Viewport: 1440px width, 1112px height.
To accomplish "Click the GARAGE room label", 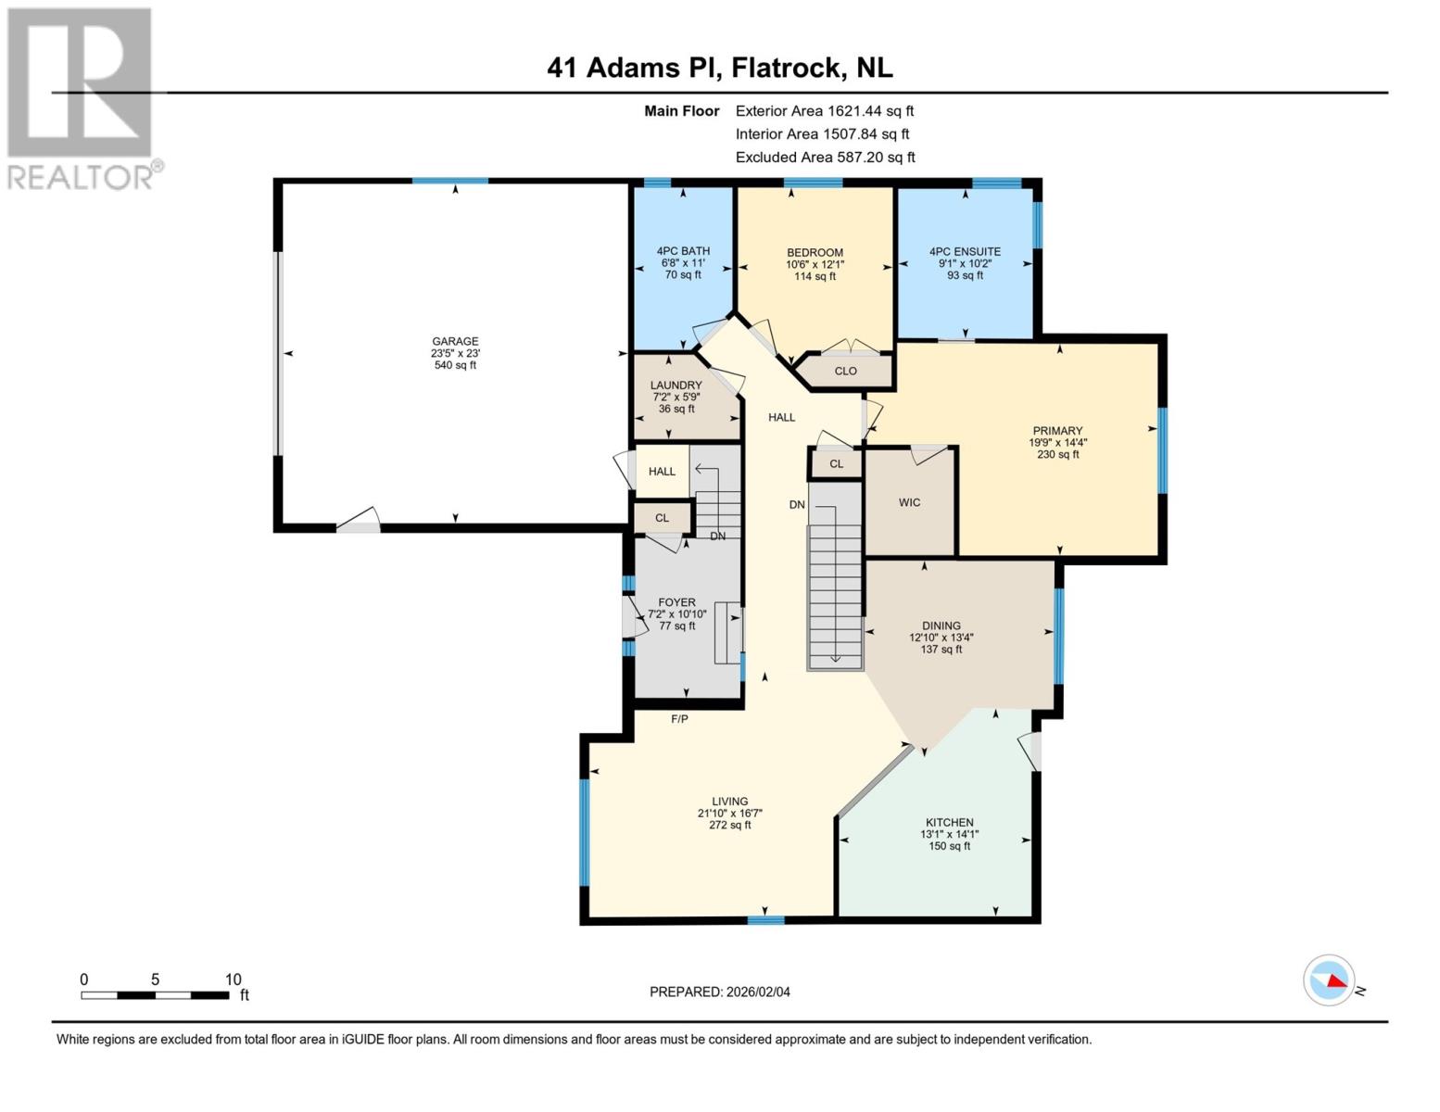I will [x=455, y=341].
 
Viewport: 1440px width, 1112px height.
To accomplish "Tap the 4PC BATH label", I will [x=683, y=251].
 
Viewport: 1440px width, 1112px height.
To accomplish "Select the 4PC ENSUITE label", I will [x=965, y=251].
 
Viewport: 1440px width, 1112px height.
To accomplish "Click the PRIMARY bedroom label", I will [x=1057, y=431].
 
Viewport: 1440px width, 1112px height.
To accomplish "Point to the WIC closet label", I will [x=909, y=502].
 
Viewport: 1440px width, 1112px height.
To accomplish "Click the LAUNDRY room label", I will [x=676, y=385].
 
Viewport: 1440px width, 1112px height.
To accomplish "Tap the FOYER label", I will [x=676, y=602].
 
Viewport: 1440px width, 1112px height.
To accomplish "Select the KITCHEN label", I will [x=949, y=822].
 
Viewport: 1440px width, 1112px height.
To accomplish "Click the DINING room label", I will [x=941, y=625].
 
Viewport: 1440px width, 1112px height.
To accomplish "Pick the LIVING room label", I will [x=729, y=802].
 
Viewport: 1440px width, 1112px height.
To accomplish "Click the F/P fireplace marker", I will [x=679, y=719].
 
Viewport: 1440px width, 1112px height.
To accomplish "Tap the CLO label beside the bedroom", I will [x=845, y=371].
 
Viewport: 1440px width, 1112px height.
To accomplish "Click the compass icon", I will [x=1329, y=979].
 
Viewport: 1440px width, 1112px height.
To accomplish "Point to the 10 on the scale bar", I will [x=233, y=979].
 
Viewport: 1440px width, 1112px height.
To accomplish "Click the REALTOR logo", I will [x=82, y=97].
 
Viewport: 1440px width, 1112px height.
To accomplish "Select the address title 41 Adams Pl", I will [x=719, y=68].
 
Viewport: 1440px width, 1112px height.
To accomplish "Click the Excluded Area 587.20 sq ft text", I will [x=825, y=158].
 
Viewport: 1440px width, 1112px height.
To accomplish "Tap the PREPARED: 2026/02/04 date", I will [x=719, y=992].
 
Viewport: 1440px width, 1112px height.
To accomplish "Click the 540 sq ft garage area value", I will [x=455, y=365].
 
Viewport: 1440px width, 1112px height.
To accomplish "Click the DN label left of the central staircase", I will [x=797, y=505].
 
